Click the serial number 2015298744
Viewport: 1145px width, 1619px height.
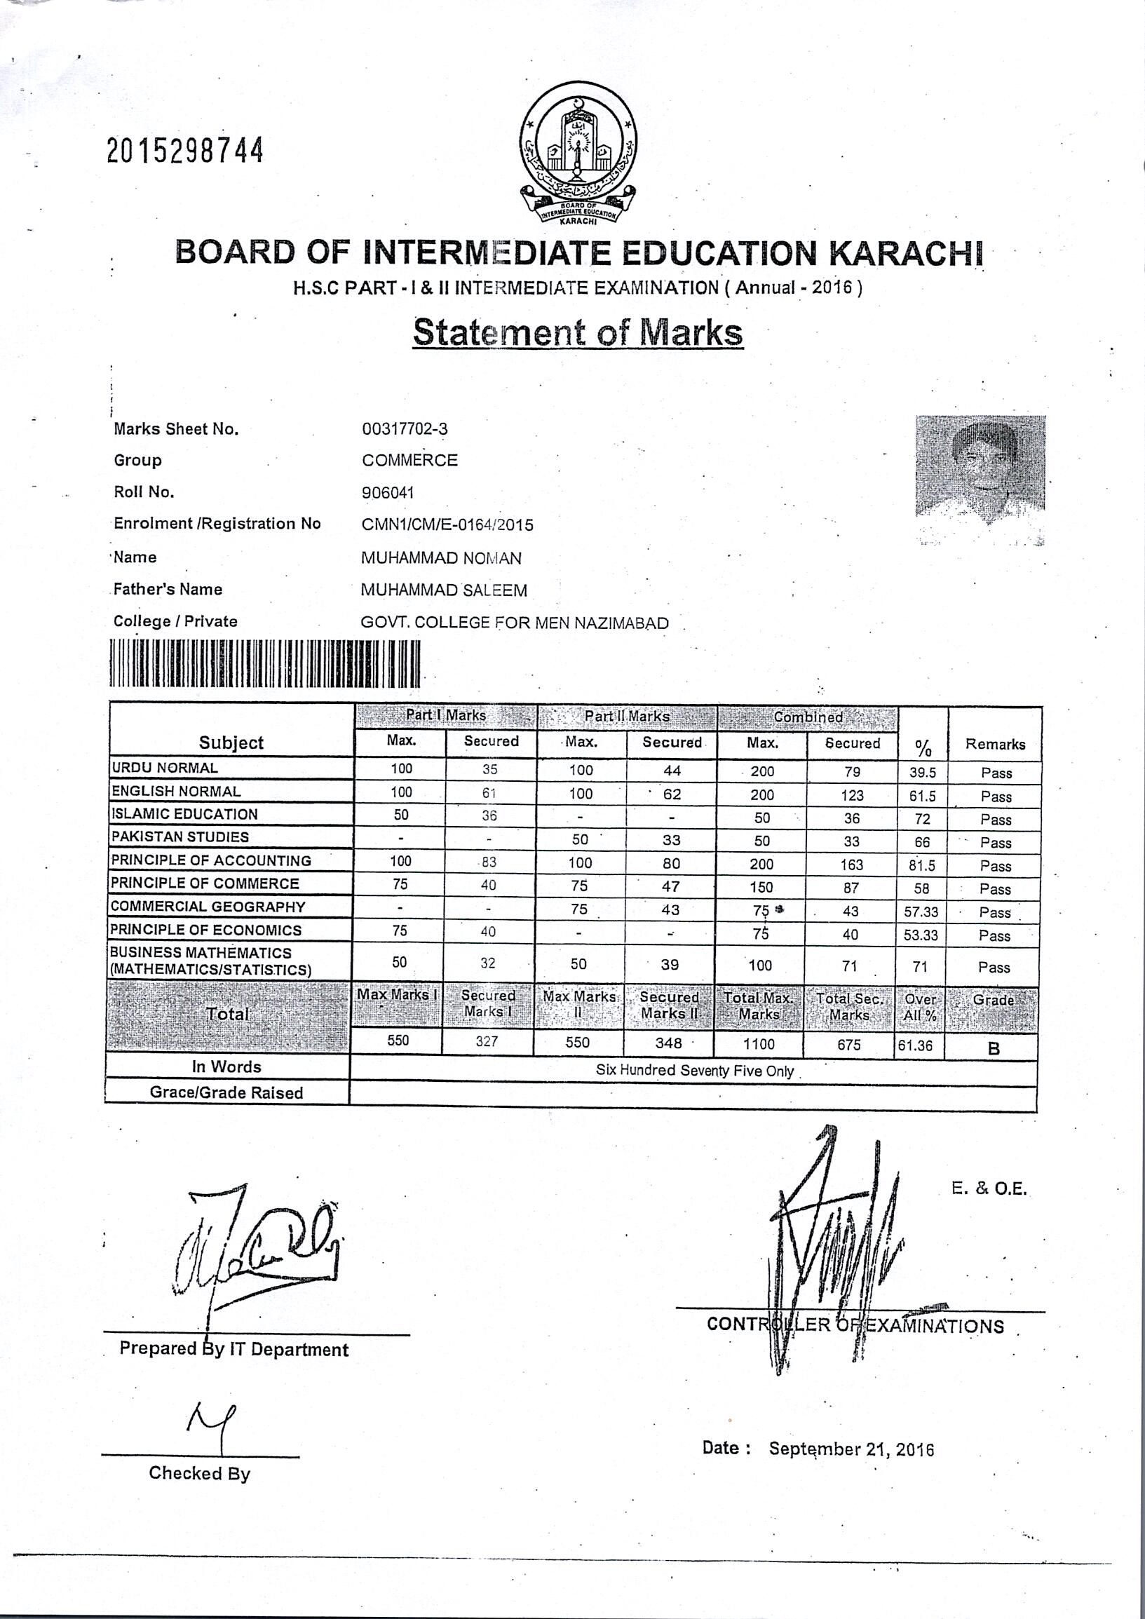[185, 150]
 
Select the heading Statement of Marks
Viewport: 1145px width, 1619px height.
[578, 332]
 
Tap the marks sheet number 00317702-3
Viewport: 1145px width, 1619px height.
[404, 428]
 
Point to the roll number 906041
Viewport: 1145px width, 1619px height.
[387, 492]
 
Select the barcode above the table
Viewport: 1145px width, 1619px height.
[265, 663]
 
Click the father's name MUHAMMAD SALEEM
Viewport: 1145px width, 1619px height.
[443, 590]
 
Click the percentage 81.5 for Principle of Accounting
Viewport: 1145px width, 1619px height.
[922, 865]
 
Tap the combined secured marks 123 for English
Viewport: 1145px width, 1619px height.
[852, 795]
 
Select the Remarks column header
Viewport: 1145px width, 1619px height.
[995, 744]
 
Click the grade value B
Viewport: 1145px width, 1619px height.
[994, 1048]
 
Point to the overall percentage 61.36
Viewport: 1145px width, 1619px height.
[915, 1045]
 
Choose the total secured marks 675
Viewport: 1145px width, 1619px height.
[849, 1044]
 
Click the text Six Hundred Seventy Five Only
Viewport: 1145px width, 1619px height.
[694, 1071]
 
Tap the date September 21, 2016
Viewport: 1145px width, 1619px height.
[851, 1449]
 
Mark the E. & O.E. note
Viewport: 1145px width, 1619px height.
[989, 1189]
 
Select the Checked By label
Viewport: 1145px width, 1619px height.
[200, 1473]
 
